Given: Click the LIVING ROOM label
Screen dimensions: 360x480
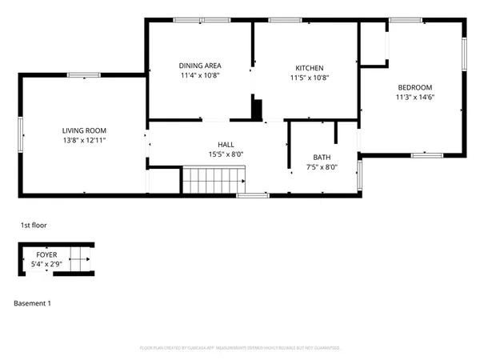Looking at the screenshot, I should click(x=84, y=130).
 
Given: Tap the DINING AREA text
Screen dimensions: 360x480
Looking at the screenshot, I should click(x=199, y=66).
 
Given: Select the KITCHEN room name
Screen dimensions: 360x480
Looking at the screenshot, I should click(x=309, y=68).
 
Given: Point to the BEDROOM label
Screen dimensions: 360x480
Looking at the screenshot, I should click(x=414, y=87).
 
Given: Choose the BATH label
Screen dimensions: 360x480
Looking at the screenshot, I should click(x=322, y=158).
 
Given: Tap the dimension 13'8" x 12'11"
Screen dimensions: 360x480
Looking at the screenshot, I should click(x=84, y=140).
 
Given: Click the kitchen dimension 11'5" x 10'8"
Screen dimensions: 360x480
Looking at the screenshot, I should click(x=309, y=78).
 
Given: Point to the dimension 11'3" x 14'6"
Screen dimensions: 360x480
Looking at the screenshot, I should click(x=414, y=98).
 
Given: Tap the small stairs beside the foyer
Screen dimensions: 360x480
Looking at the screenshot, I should click(x=80, y=258).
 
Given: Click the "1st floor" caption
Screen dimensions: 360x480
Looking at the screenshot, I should click(x=34, y=226).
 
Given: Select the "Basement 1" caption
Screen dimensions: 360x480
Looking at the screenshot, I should click(x=34, y=304).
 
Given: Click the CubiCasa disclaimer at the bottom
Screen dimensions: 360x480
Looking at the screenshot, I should click(x=240, y=349).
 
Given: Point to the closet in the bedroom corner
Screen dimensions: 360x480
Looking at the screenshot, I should click(x=373, y=44).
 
